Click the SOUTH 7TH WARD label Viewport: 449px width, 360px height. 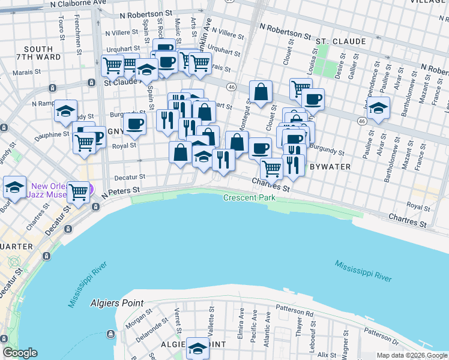point(42,53)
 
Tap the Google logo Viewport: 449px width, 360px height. point(20,353)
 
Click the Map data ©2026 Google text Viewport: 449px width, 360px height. point(411,355)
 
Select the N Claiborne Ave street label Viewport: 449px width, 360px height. point(80,4)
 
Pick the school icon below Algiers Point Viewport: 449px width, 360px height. point(197,348)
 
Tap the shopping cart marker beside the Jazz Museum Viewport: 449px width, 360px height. point(79,192)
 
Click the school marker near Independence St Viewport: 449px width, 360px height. point(378,109)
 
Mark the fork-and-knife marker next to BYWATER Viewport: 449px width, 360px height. point(293,164)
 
